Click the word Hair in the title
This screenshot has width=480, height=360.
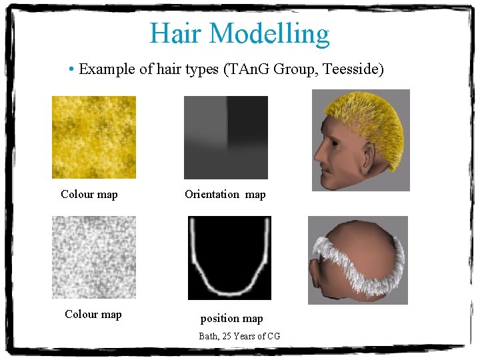coord(173,33)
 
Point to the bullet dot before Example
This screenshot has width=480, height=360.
coord(71,69)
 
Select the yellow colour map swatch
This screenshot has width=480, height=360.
coord(94,137)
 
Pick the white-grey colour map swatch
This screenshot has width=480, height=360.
coord(94,257)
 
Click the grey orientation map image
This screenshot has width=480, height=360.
coord(225,137)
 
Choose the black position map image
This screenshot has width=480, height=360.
coord(229,257)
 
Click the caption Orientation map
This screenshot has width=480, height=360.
coord(225,195)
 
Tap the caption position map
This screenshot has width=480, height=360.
coord(231,319)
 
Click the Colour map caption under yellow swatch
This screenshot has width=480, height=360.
coord(89,195)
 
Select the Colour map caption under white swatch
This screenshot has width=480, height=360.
coord(93,314)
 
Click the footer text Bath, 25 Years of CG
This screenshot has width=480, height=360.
coord(239,336)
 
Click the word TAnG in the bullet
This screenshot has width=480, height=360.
coord(263,69)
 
